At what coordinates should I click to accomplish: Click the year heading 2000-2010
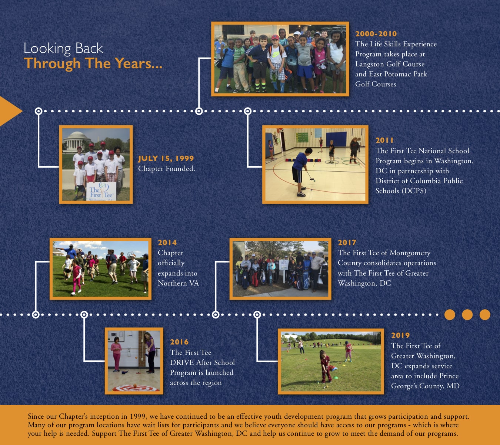click(376, 34)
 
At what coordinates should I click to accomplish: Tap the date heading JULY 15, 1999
click(166, 158)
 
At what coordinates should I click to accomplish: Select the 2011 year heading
click(384, 140)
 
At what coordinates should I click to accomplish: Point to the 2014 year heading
click(167, 243)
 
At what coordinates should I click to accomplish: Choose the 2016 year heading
click(179, 342)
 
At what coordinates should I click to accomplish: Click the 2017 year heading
click(347, 243)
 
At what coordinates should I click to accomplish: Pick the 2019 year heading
click(400, 335)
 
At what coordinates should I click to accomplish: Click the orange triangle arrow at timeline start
click(9, 111)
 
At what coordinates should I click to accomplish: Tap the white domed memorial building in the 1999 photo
click(77, 140)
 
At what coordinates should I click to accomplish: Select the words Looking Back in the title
click(63, 49)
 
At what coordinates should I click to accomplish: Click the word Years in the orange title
click(132, 63)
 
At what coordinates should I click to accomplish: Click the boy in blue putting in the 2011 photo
click(300, 170)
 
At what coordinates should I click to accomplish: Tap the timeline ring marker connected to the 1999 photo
click(39, 111)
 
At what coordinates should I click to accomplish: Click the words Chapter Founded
click(166, 169)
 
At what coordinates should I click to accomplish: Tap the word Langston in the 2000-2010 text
click(369, 64)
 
